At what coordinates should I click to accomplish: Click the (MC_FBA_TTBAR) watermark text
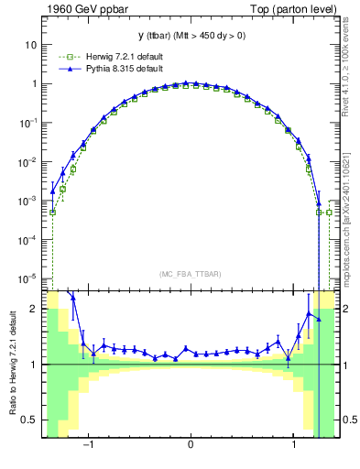[190, 274]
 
